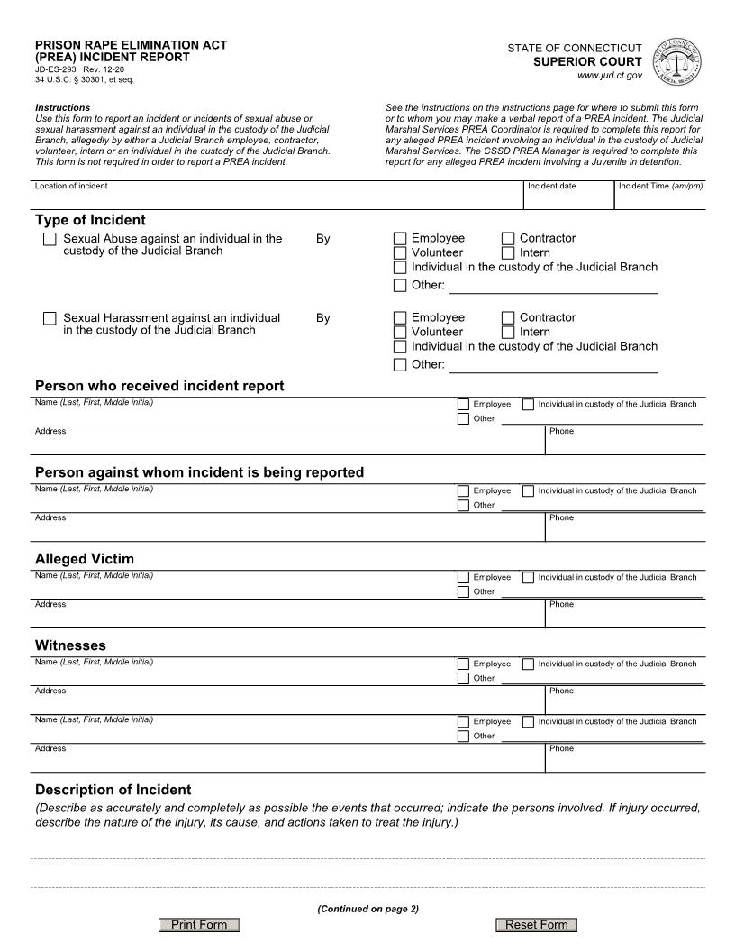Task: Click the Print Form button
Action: click(x=199, y=925)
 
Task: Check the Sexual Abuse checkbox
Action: click(x=50, y=239)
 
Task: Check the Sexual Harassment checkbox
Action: click(x=50, y=318)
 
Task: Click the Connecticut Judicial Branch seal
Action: click(x=675, y=62)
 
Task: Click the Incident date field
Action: click(x=567, y=199)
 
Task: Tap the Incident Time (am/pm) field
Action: click(x=659, y=199)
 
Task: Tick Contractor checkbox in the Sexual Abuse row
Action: click(x=508, y=239)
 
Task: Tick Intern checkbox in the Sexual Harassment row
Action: click(x=508, y=332)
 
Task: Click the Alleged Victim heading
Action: click(x=85, y=559)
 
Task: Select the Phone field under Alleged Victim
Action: click(x=625, y=617)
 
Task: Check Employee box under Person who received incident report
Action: click(x=463, y=405)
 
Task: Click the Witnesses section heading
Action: click(x=70, y=645)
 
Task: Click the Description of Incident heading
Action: click(x=113, y=790)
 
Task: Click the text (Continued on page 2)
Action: click(x=367, y=909)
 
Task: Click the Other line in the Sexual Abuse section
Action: click(x=553, y=286)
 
